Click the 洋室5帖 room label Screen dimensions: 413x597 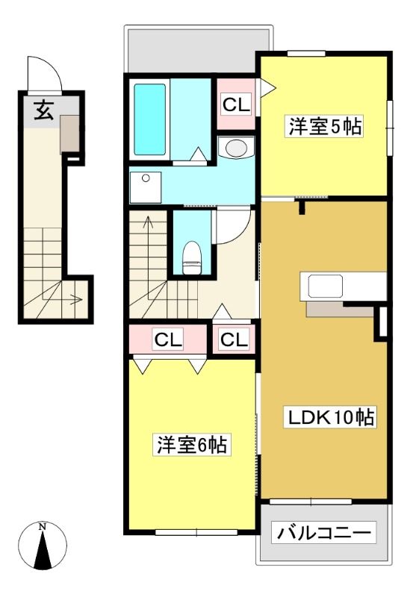click(325, 127)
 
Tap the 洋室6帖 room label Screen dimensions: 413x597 click(193, 444)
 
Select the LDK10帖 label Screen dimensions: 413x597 click(330, 417)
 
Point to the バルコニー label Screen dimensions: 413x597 click(323, 532)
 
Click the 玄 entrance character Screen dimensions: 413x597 click(43, 110)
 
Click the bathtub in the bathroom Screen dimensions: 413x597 click(149, 119)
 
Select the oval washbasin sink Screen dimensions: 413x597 click(236, 147)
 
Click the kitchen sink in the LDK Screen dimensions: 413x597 click(325, 286)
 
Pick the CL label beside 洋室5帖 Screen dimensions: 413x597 click(236, 104)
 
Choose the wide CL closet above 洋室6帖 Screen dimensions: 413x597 click(168, 339)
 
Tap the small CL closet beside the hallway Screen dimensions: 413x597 click(234, 339)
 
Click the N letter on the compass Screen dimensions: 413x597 click(43, 527)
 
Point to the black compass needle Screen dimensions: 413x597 click(43, 551)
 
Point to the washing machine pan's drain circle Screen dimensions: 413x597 click(145, 178)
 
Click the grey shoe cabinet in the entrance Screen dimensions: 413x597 click(69, 134)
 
